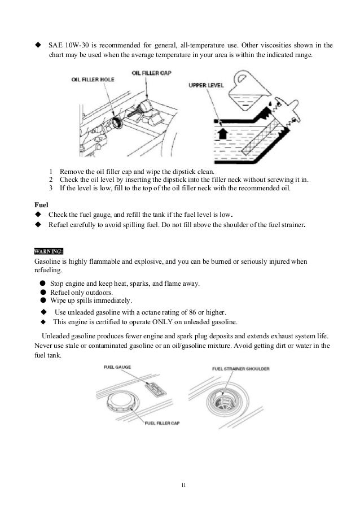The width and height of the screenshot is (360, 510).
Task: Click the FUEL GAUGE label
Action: [x=118, y=368]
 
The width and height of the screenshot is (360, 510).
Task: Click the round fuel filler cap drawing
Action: [x=124, y=403]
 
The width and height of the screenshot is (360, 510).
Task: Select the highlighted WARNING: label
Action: [x=49, y=250]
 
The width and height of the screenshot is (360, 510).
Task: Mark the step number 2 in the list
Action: [x=51, y=180]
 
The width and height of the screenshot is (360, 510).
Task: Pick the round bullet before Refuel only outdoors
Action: [x=42, y=293]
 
